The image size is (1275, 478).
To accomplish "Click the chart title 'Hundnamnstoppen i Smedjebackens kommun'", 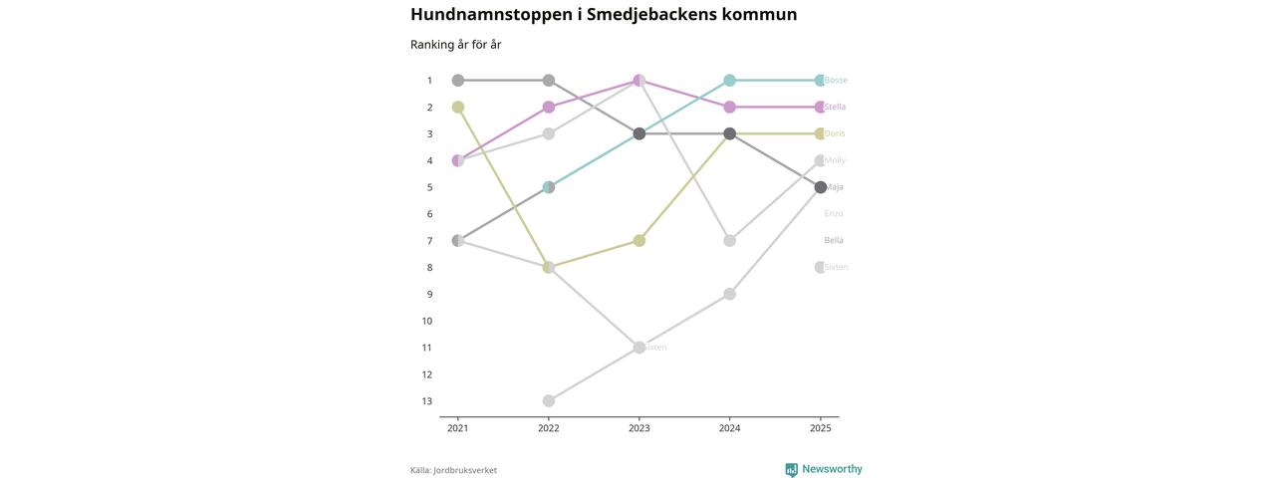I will click(x=604, y=15).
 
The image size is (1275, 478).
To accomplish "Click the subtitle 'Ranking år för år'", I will click(x=455, y=45).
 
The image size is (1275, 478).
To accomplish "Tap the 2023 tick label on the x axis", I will click(x=639, y=428).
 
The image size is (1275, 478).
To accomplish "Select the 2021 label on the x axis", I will click(x=458, y=428).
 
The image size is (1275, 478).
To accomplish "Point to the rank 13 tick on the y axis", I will click(x=426, y=401).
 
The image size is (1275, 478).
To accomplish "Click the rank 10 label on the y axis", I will click(x=426, y=321).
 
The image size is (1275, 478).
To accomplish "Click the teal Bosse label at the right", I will click(x=836, y=81).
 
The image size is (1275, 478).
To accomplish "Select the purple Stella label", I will click(x=835, y=108).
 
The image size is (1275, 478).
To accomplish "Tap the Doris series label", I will click(x=835, y=133).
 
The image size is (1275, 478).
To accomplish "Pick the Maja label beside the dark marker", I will click(x=834, y=187).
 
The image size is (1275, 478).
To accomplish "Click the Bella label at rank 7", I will click(x=834, y=241).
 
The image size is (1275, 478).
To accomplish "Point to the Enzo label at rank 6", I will click(x=834, y=214).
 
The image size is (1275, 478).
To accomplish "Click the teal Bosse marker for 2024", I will click(x=730, y=81).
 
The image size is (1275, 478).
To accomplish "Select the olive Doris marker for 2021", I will click(x=458, y=108).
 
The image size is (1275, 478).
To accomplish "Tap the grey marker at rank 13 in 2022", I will click(x=549, y=401).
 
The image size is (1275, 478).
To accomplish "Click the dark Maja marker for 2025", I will click(x=821, y=187).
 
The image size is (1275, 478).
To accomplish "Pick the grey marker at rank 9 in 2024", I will click(x=730, y=294).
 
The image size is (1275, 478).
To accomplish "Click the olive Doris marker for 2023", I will click(x=639, y=241).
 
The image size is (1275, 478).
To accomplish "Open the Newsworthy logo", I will click(x=824, y=469).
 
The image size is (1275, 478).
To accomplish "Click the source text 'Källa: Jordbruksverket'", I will click(x=453, y=470).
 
